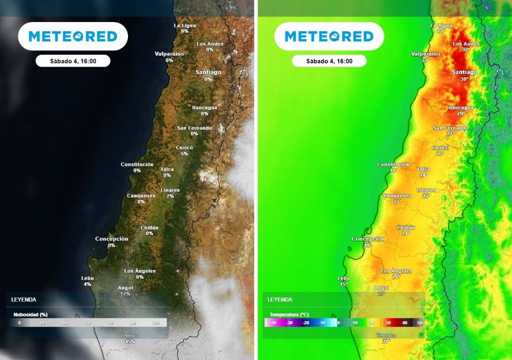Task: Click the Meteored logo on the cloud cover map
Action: point(72,36)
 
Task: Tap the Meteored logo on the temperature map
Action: point(329,36)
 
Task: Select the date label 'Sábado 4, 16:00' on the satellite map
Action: point(72,61)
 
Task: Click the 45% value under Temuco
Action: point(130,341)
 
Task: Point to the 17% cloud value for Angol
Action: point(125,293)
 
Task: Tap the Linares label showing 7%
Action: point(170,193)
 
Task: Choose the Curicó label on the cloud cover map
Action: point(184,147)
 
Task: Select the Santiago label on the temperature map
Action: point(464,72)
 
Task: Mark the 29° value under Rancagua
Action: point(460,113)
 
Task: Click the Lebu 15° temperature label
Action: point(343,281)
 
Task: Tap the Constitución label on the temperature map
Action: point(393,164)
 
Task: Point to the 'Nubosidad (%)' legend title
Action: point(30,314)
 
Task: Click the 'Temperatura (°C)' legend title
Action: point(289,314)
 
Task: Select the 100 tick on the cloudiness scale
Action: point(155,323)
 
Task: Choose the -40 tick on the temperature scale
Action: point(272,323)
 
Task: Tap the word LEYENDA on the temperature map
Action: point(280,299)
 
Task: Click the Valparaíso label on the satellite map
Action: point(169,53)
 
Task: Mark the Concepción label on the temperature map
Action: point(368,239)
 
